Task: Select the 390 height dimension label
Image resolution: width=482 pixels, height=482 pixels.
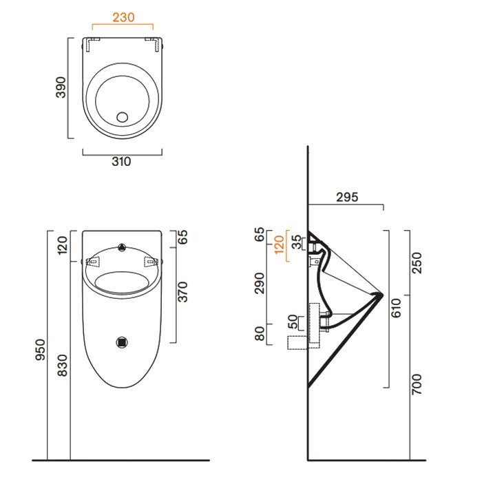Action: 61,87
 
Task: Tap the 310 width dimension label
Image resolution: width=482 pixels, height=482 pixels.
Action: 121,162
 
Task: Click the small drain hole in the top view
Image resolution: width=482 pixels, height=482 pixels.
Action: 123,116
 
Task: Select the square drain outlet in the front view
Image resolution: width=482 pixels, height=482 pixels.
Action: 123,340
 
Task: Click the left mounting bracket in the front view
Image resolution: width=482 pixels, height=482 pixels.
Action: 94,262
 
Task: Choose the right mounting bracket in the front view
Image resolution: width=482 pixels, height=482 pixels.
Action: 152,262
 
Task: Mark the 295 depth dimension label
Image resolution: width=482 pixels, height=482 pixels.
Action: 348,197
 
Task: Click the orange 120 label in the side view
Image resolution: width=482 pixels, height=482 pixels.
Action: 279,244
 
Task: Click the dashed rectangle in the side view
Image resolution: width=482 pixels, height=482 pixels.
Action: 298,342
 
